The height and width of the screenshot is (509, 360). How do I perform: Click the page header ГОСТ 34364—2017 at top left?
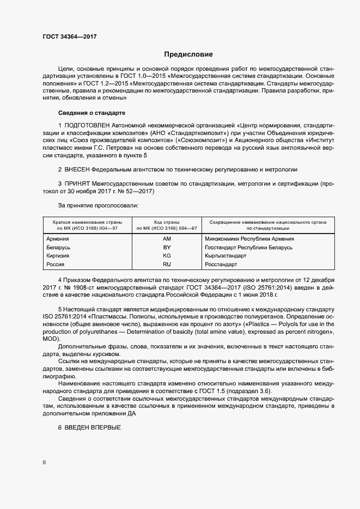pos(69,36)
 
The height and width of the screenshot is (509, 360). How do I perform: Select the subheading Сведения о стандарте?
pos(91,113)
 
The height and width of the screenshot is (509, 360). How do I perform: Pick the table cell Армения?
pos(58,238)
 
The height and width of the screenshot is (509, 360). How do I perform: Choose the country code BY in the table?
pos(167,247)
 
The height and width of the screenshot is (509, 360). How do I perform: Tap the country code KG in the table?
pos(167,255)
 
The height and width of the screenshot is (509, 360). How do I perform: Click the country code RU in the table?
pos(167,264)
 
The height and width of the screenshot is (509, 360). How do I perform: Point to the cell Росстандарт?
pos(221,264)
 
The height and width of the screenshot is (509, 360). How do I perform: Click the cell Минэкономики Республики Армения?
pos(249,238)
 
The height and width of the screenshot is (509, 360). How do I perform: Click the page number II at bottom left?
pos(44,462)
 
